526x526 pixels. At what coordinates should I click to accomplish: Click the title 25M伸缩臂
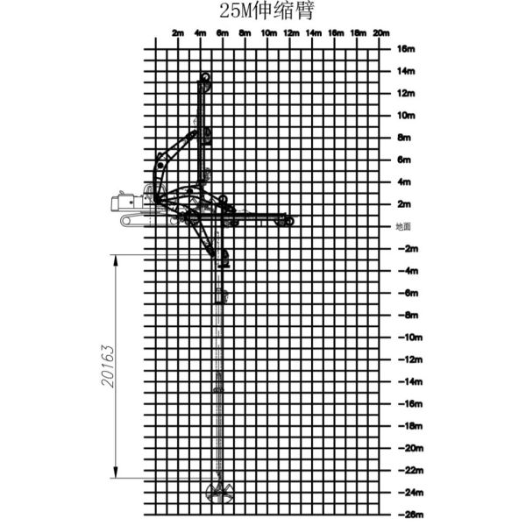click(267, 11)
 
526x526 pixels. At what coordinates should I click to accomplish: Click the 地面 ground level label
click(403, 226)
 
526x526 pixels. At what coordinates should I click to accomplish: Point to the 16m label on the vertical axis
click(404, 48)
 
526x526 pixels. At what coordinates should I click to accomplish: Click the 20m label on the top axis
click(380, 32)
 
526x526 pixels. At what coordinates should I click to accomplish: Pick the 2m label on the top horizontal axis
click(178, 32)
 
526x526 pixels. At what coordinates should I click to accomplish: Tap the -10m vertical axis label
click(408, 338)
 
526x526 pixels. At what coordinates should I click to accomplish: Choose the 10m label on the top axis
click(268, 32)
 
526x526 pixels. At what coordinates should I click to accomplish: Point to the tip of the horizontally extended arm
click(289, 221)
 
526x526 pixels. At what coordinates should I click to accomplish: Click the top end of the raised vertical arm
click(205, 78)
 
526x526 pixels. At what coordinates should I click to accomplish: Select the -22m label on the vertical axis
click(408, 470)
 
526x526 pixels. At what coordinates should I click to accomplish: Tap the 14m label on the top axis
click(313, 32)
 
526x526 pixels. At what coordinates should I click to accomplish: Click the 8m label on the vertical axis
click(404, 138)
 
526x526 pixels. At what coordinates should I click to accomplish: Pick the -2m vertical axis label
click(408, 249)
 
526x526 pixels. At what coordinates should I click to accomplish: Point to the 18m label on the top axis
click(358, 32)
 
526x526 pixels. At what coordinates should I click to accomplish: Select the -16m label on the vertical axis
click(408, 404)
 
